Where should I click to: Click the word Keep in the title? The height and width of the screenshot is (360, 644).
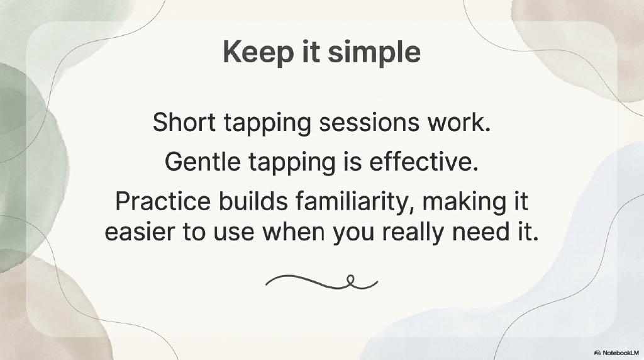point(258,53)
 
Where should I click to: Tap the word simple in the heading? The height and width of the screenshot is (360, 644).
point(374,53)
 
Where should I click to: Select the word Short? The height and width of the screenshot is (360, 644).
point(184,122)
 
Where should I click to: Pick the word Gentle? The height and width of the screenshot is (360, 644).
point(203,162)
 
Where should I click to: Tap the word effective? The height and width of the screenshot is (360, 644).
point(423,162)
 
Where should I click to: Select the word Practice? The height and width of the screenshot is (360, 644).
point(162,201)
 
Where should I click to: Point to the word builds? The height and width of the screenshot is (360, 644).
point(253,201)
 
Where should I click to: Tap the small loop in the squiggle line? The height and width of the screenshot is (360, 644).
point(350,279)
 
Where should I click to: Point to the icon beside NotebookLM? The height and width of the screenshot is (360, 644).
point(597,352)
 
